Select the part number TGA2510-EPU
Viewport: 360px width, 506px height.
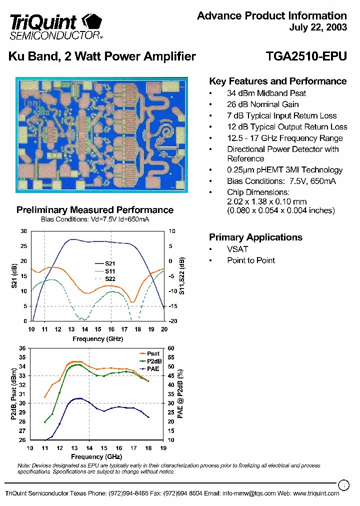306,56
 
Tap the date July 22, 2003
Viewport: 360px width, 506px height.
317,27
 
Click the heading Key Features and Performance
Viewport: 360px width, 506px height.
277,81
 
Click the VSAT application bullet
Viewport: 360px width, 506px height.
237,249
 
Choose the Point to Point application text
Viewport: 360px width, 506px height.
251,260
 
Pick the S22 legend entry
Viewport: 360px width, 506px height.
110,278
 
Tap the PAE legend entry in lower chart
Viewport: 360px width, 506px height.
153,368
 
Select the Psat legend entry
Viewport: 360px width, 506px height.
153,353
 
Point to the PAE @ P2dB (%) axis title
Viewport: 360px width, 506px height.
180,394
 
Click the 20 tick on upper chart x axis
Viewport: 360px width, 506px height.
163,328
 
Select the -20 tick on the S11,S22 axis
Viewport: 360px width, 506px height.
172,321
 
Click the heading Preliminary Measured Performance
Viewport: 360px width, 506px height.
95,210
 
